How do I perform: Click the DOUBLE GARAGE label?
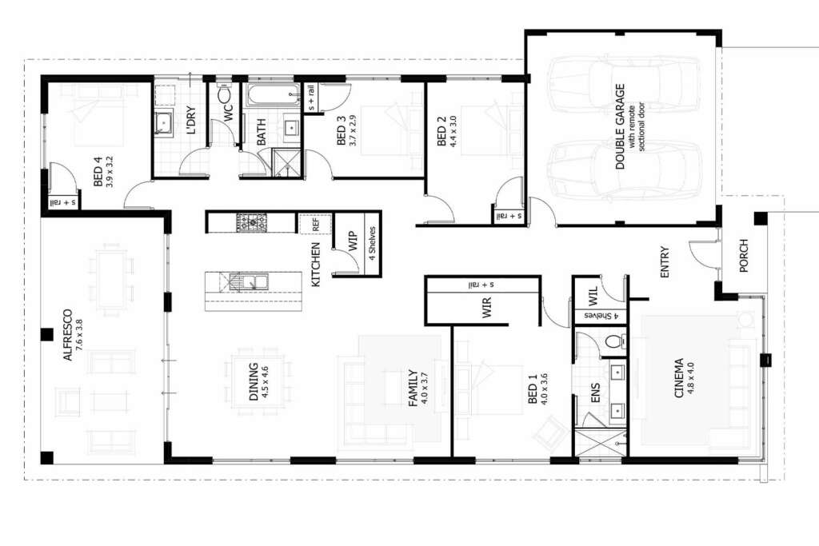click(620, 126)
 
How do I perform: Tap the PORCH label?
click(744, 255)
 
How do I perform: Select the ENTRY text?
click(665, 262)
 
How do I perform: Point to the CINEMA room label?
click(678, 378)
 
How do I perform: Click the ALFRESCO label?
click(67, 335)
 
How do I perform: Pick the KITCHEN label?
click(315, 265)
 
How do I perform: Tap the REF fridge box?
click(315, 224)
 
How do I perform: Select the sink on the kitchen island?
click(249, 281)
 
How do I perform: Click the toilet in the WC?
click(224, 94)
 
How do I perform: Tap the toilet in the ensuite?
click(613, 341)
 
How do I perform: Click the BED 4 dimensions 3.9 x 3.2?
click(109, 172)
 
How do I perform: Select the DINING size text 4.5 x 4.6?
click(265, 382)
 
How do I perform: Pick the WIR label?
click(487, 308)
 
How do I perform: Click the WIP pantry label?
click(353, 241)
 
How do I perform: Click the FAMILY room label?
click(413, 389)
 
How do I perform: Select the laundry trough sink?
click(164, 122)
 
